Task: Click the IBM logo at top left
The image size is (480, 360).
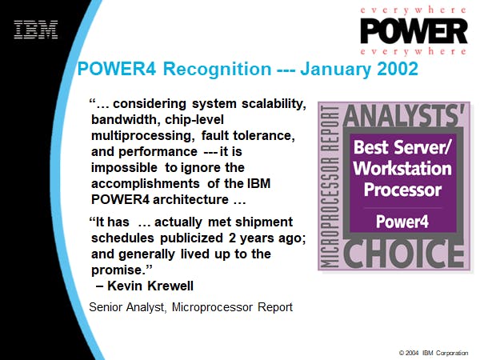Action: click(36, 30)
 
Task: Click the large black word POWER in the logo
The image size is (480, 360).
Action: click(414, 31)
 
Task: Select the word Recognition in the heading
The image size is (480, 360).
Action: click(217, 70)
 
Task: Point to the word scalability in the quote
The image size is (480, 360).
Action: click(274, 104)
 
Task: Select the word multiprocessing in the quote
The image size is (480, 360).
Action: click(143, 136)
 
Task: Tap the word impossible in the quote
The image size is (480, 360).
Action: click(124, 168)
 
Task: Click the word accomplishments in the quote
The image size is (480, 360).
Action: click(146, 184)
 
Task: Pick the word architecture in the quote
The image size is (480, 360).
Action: click(190, 199)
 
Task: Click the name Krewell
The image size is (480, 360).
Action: click(170, 286)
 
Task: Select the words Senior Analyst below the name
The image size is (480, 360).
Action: click(127, 307)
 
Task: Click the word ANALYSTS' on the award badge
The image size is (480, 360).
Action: click(404, 115)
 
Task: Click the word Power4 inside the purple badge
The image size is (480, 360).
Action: click(402, 222)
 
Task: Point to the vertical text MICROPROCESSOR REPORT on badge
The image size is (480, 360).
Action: click(330, 187)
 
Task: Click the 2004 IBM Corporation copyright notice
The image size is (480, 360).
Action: click(434, 353)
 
